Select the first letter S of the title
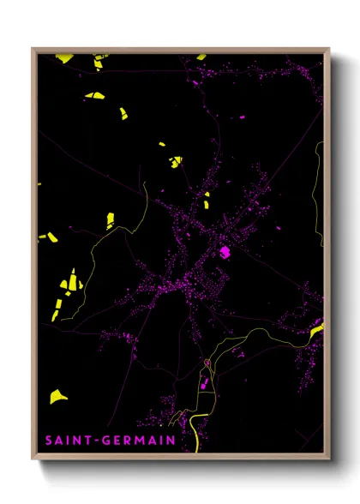(48, 441)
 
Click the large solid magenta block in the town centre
(226, 252)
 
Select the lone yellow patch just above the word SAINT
(57, 396)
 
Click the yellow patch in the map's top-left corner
(64, 58)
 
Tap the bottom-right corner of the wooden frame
(328, 459)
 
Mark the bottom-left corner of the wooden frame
(33, 459)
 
